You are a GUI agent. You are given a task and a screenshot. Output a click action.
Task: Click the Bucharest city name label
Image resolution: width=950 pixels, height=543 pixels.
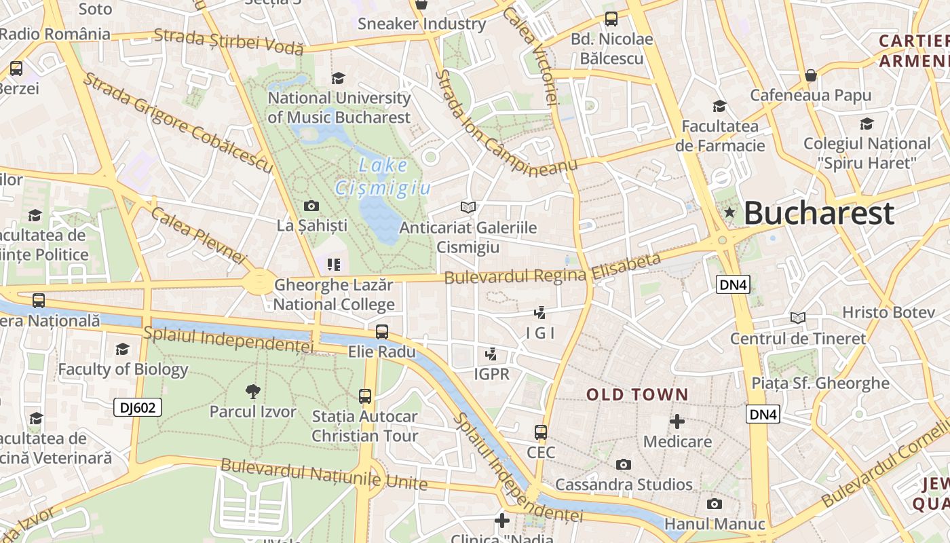[x=819, y=213]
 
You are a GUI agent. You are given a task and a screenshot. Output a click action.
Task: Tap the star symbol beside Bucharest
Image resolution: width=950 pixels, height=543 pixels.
[x=729, y=212]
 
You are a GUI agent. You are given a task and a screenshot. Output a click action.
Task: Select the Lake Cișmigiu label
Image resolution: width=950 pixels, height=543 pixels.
[x=383, y=176]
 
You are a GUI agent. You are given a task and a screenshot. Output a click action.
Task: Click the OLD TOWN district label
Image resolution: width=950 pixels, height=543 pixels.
[x=637, y=394]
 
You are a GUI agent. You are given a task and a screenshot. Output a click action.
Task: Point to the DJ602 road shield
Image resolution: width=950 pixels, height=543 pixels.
[x=137, y=407]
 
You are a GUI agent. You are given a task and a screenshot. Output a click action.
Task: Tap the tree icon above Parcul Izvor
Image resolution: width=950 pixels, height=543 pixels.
[x=252, y=391]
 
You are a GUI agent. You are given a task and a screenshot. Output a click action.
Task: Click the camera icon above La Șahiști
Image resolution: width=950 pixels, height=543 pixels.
[x=311, y=206]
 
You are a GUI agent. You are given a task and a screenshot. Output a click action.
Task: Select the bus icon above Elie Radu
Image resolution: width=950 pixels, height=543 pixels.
[x=382, y=331]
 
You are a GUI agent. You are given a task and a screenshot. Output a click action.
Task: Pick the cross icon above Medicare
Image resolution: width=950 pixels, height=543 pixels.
[x=677, y=422]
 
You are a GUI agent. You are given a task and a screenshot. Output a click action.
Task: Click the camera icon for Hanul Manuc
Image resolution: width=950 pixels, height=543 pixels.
[x=714, y=504]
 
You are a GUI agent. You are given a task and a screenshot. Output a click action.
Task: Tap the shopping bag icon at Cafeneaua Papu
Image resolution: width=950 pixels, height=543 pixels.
[x=810, y=75]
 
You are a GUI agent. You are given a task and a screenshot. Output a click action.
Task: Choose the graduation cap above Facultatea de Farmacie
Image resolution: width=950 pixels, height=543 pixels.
[x=719, y=106]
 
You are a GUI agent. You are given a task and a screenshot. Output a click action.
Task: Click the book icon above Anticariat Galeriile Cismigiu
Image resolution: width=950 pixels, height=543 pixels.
[x=468, y=207]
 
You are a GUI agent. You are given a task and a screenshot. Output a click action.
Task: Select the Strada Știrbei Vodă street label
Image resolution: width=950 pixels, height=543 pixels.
[x=228, y=41]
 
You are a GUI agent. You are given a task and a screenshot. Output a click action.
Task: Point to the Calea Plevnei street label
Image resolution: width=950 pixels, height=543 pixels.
[x=197, y=235]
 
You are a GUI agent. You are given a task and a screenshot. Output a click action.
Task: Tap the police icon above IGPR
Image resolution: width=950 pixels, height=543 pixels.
[x=491, y=354]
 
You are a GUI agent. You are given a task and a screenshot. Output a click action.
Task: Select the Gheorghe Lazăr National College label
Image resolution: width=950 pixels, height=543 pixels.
[x=333, y=295]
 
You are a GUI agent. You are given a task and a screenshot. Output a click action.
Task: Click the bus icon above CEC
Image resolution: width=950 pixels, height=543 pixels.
[x=541, y=432]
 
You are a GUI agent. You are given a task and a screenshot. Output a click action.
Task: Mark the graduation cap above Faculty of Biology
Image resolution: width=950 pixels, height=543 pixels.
[x=122, y=349]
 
